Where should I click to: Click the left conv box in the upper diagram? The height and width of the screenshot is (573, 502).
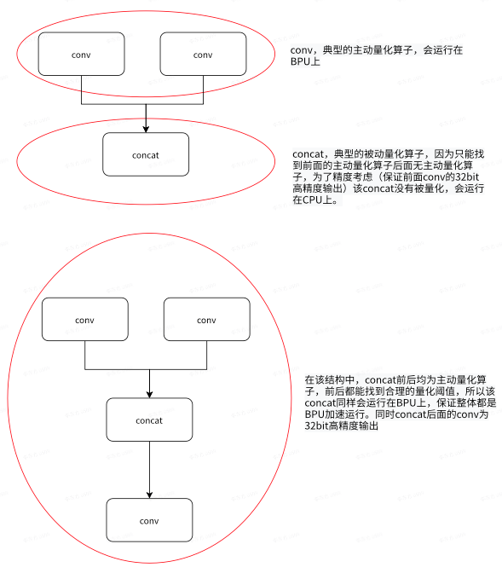tap(81, 54)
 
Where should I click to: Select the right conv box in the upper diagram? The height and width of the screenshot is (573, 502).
tap(203, 54)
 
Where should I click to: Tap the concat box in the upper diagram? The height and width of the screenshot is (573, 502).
tap(146, 154)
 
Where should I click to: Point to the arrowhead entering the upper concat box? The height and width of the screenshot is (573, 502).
tap(146, 129)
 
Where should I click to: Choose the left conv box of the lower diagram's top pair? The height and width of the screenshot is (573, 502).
tap(85, 320)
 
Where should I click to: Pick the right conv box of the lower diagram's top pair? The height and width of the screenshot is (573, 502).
tap(207, 320)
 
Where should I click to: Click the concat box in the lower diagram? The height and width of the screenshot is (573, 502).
tap(149, 420)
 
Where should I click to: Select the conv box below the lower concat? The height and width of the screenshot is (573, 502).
tap(149, 520)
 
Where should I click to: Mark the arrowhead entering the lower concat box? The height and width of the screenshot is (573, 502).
tap(149, 394)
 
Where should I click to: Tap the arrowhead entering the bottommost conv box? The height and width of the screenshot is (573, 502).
tap(149, 495)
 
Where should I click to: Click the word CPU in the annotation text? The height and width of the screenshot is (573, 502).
tap(313, 200)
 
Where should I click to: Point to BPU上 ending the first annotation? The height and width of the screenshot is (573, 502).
tap(305, 61)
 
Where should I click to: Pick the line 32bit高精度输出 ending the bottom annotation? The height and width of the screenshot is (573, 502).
tap(341, 425)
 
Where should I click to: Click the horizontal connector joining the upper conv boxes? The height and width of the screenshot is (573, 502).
tap(142, 104)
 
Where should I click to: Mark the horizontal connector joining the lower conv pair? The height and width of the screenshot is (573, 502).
tap(146, 369)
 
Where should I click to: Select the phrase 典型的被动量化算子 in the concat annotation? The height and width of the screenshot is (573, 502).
tap(379, 154)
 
